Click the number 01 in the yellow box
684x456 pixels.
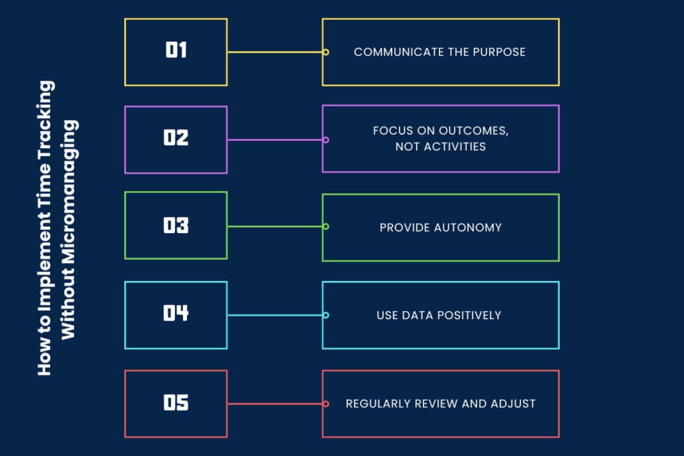point(176,51)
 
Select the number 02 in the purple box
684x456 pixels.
point(176,138)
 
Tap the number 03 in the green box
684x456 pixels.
point(176,226)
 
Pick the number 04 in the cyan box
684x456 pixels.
point(176,313)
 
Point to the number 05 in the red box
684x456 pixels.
point(176,403)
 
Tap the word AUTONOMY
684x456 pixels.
point(468,228)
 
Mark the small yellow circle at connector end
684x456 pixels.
point(326,52)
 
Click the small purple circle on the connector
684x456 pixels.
point(326,140)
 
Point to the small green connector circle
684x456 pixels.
point(326,226)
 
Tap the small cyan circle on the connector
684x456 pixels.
point(326,315)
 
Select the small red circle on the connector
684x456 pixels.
point(326,404)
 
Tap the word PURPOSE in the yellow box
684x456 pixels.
point(498,52)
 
